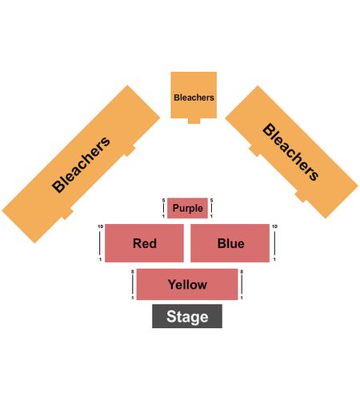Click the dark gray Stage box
pyautogui.click(x=187, y=316)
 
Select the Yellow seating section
pyautogui.click(x=187, y=284)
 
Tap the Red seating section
pyautogui.click(x=144, y=243)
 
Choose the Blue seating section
pyautogui.click(x=230, y=243)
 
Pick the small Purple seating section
pyautogui.click(x=187, y=208)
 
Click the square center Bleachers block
pyautogui.click(x=194, y=95)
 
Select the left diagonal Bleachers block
pyautogui.click(x=81, y=164)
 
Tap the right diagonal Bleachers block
pyautogui.click(x=292, y=152)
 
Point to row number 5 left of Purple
pyautogui.click(x=163, y=200)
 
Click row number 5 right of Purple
pyautogui.click(x=211, y=200)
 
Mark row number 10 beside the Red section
pyautogui.click(x=100, y=226)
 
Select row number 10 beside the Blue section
pyautogui.click(x=274, y=226)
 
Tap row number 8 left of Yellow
pyautogui.click(x=133, y=272)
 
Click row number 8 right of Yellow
pyautogui.click(x=242, y=272)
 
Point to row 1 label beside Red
pyautogui.click(x=100, y=259)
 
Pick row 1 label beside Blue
pyautogui.click(x=274, y=259)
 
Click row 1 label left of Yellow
pyautogui.click(x=133, y=298)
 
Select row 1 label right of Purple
pyautogui.click(x=211, y=216)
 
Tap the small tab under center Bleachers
pyautogui.click(x=194, y=121)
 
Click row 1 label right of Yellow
pyautogui.click(x=242, y=298)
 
